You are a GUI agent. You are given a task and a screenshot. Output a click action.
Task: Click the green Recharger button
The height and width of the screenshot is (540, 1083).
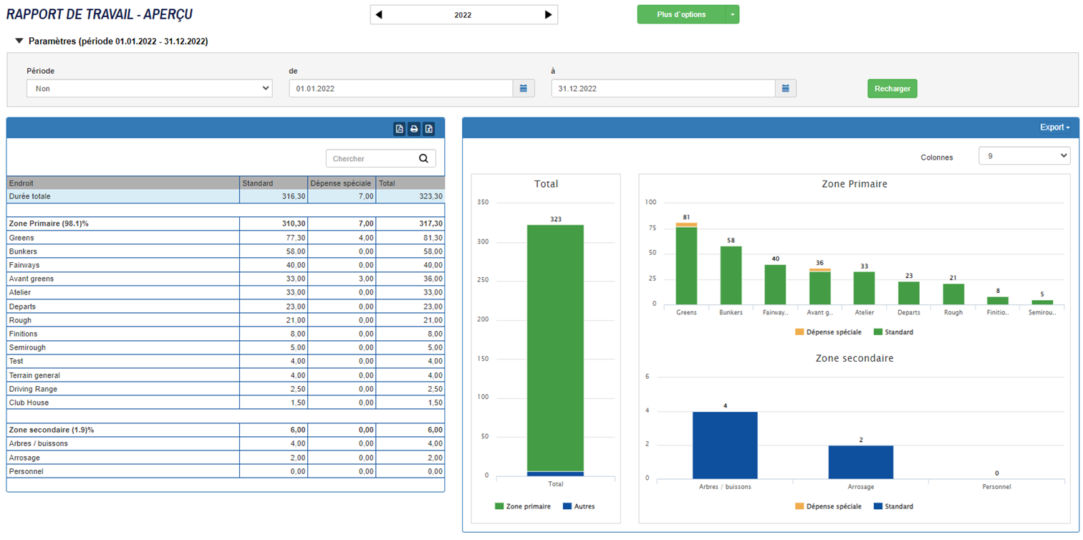[x=892, y=89]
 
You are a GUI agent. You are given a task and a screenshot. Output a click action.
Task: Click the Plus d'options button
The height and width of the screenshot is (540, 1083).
[x=680, y=15]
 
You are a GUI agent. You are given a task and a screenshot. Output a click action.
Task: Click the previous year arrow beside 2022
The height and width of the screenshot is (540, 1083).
[x=379, y=15]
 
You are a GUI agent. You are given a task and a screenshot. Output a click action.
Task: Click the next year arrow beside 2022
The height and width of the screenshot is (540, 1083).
[x=548, y=15]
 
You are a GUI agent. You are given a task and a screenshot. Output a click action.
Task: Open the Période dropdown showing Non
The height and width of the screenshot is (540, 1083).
[x=149, y=89]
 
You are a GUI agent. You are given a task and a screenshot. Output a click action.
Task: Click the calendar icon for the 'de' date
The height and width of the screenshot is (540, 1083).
[x=524, y=89]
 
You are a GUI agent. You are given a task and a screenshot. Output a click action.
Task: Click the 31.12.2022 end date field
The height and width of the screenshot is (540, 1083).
[x=663, y=89]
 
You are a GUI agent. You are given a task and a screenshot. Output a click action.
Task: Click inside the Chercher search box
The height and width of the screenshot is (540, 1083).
[x=372, y=159]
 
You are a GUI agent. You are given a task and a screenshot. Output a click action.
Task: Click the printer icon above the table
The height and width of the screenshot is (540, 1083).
[x=414, y=129]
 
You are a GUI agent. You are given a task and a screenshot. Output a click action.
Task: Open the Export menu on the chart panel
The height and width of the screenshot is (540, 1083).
[x=1054, y=127]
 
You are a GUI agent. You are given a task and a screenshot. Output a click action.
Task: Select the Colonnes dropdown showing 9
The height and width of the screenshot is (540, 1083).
[x=1024, y=156]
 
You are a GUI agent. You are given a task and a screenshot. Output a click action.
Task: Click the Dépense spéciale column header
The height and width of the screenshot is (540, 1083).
[x=341, y=183]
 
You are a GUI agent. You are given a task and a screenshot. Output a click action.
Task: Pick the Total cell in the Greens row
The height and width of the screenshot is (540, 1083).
[x=410, y=238]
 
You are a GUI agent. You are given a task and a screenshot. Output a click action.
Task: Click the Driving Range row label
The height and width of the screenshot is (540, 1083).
[x=33, y=389]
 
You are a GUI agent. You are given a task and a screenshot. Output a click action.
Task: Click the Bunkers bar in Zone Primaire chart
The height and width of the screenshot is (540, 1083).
[x=731, y=275]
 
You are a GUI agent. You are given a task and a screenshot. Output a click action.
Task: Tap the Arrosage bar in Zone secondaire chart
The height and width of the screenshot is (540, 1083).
[x=860, y=462]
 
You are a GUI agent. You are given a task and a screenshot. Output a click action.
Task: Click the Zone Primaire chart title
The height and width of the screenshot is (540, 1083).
[x=854, y=184]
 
